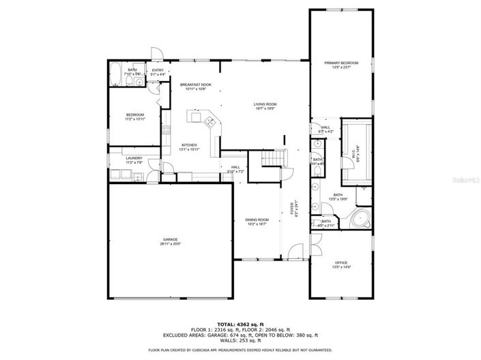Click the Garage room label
(x=170, y=239)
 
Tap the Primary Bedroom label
(x=340, y=63)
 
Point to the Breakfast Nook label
(x=196, y=85)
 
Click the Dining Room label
(x=257, y=219)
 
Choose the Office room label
(x=340, y=262)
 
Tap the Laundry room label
(x=134, y=158)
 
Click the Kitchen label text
(x=189, y=145)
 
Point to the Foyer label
(x=291, y=209)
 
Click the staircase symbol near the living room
(x=272, y=160)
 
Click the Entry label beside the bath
(x=158, y=70)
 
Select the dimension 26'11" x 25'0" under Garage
(x=170, y=244)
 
